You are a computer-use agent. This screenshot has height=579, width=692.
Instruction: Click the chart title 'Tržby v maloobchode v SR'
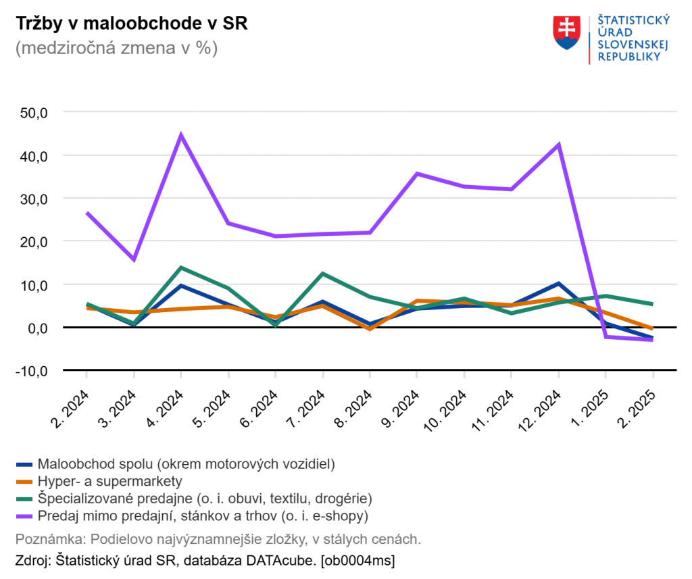(131, 24)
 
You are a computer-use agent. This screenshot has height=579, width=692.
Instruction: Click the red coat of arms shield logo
(567, 32)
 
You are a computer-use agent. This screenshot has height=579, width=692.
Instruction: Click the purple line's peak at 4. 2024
(181, 135)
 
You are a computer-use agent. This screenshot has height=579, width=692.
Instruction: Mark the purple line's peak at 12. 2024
(558, 145)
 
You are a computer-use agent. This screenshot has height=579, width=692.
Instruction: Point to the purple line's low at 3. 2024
(134, 259)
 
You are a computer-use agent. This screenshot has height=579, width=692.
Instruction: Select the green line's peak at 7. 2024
(323, 274)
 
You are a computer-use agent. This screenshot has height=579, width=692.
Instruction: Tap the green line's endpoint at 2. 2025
(652, 304)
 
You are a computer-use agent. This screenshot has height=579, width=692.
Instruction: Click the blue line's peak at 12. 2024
(558, 284)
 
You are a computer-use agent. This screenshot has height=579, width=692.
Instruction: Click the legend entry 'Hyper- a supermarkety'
(110, 481)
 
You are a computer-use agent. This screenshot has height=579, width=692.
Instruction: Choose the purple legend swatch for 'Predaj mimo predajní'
(24, 516)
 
